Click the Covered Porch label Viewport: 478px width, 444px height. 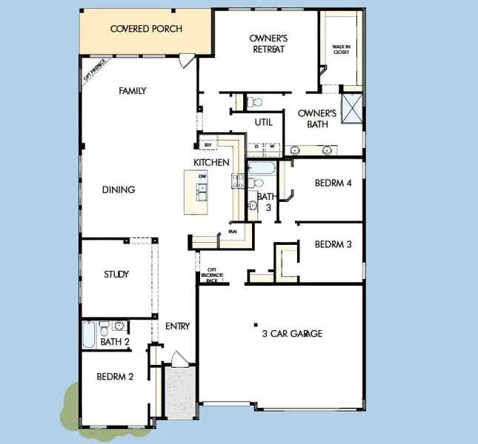(146, 29)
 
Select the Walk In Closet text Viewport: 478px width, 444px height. (341, 50)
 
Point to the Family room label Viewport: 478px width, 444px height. (132, 91)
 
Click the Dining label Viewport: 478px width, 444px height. (119, 189)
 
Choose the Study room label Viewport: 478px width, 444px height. (116, 275)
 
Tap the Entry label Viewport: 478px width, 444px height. (178, 326)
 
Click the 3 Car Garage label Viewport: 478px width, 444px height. (292, 334)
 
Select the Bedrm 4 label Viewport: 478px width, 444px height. (333, 183)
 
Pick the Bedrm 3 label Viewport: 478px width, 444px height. (333, 244)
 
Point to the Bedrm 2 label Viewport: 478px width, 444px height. (115, 377)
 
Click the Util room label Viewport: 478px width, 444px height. (264, 123)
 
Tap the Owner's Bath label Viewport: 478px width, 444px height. (317, 118)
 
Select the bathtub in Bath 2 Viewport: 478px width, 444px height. (89, 334)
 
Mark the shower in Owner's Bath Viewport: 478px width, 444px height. (351, 109)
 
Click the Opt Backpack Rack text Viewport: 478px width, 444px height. (212, 275)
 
